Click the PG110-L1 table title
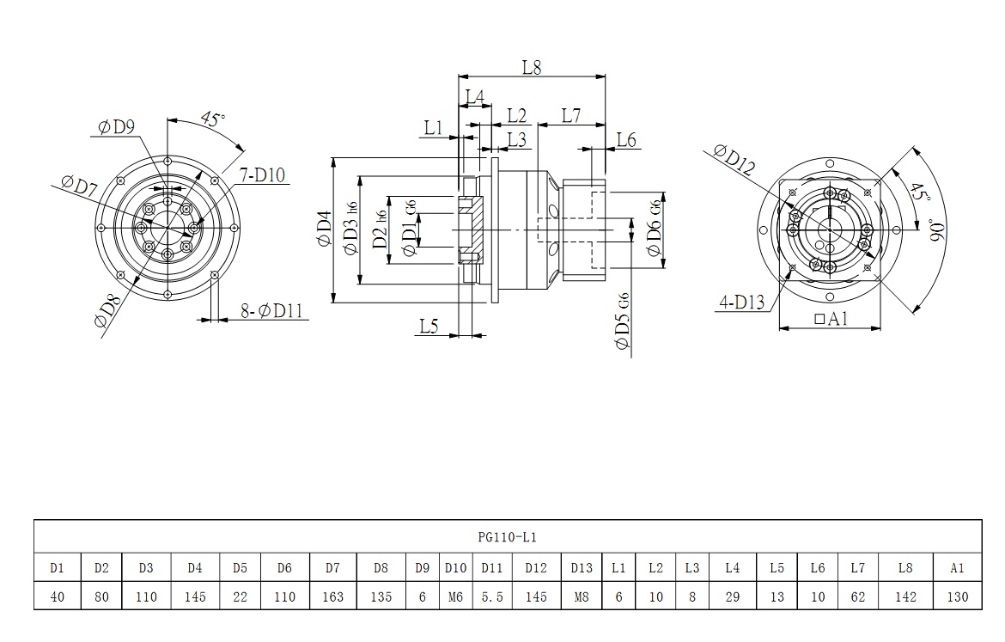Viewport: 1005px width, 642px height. coord(507,536)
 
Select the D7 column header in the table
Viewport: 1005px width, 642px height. coord(332,567)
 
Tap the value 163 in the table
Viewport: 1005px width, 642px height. coord(332,596)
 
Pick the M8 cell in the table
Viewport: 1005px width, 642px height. coord(581,596)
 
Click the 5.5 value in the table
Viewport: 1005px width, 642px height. coord(491,596)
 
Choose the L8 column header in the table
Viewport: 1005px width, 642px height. coord(905,567)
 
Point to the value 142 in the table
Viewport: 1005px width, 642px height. coord(905,596)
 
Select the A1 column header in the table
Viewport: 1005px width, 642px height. coord(958,567)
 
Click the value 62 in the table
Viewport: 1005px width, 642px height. coord(857,596)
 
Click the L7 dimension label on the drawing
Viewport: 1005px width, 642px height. coord(571,114)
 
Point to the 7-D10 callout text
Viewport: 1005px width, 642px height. coord(263,175)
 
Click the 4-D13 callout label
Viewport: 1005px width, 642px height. coord(743,301)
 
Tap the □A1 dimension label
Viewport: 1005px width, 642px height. coord(831,318)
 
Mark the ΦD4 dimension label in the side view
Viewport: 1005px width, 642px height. coord(323,230)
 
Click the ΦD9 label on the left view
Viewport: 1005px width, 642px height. coord(117,127)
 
